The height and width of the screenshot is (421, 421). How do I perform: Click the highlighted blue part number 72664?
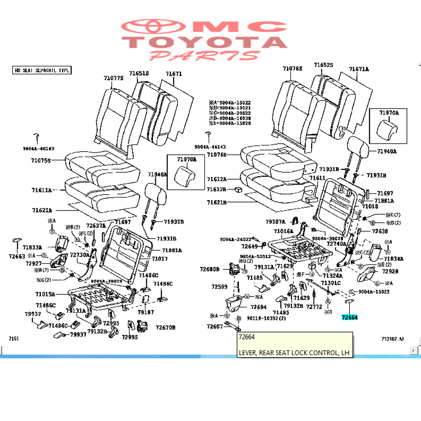click(x=349, y=317)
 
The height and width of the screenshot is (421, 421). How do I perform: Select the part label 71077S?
click(x=113, y=79)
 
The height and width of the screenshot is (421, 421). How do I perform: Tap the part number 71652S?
click(x=323, y=65)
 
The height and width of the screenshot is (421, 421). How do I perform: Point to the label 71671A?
click(x=359, y=69)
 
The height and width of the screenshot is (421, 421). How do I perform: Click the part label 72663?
click(x=17, y=256)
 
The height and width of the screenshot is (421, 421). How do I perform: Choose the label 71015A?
click(x=45, y=294)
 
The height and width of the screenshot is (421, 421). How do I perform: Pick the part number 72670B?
click(x=166, y=327)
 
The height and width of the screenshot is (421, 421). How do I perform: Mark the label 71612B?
click(x=217, y=189)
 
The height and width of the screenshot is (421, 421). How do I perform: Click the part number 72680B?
click(x=209, y=269)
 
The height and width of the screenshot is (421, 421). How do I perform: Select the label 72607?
click(x=215, y=326)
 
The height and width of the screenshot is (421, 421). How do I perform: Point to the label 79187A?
click(x=276, y=221)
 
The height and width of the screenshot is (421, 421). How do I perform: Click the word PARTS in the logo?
click(x=204, y=56)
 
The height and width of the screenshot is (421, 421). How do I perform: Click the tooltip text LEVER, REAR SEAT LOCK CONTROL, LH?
click(x=295, y=352)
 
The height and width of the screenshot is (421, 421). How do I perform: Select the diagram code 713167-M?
click(x=392, y=339)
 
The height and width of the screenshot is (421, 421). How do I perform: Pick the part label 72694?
click(x=258, y=307)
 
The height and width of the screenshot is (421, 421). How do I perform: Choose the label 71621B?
click(x=217, y=203)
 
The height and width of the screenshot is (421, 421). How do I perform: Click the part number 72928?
click(x=390, y=271)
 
